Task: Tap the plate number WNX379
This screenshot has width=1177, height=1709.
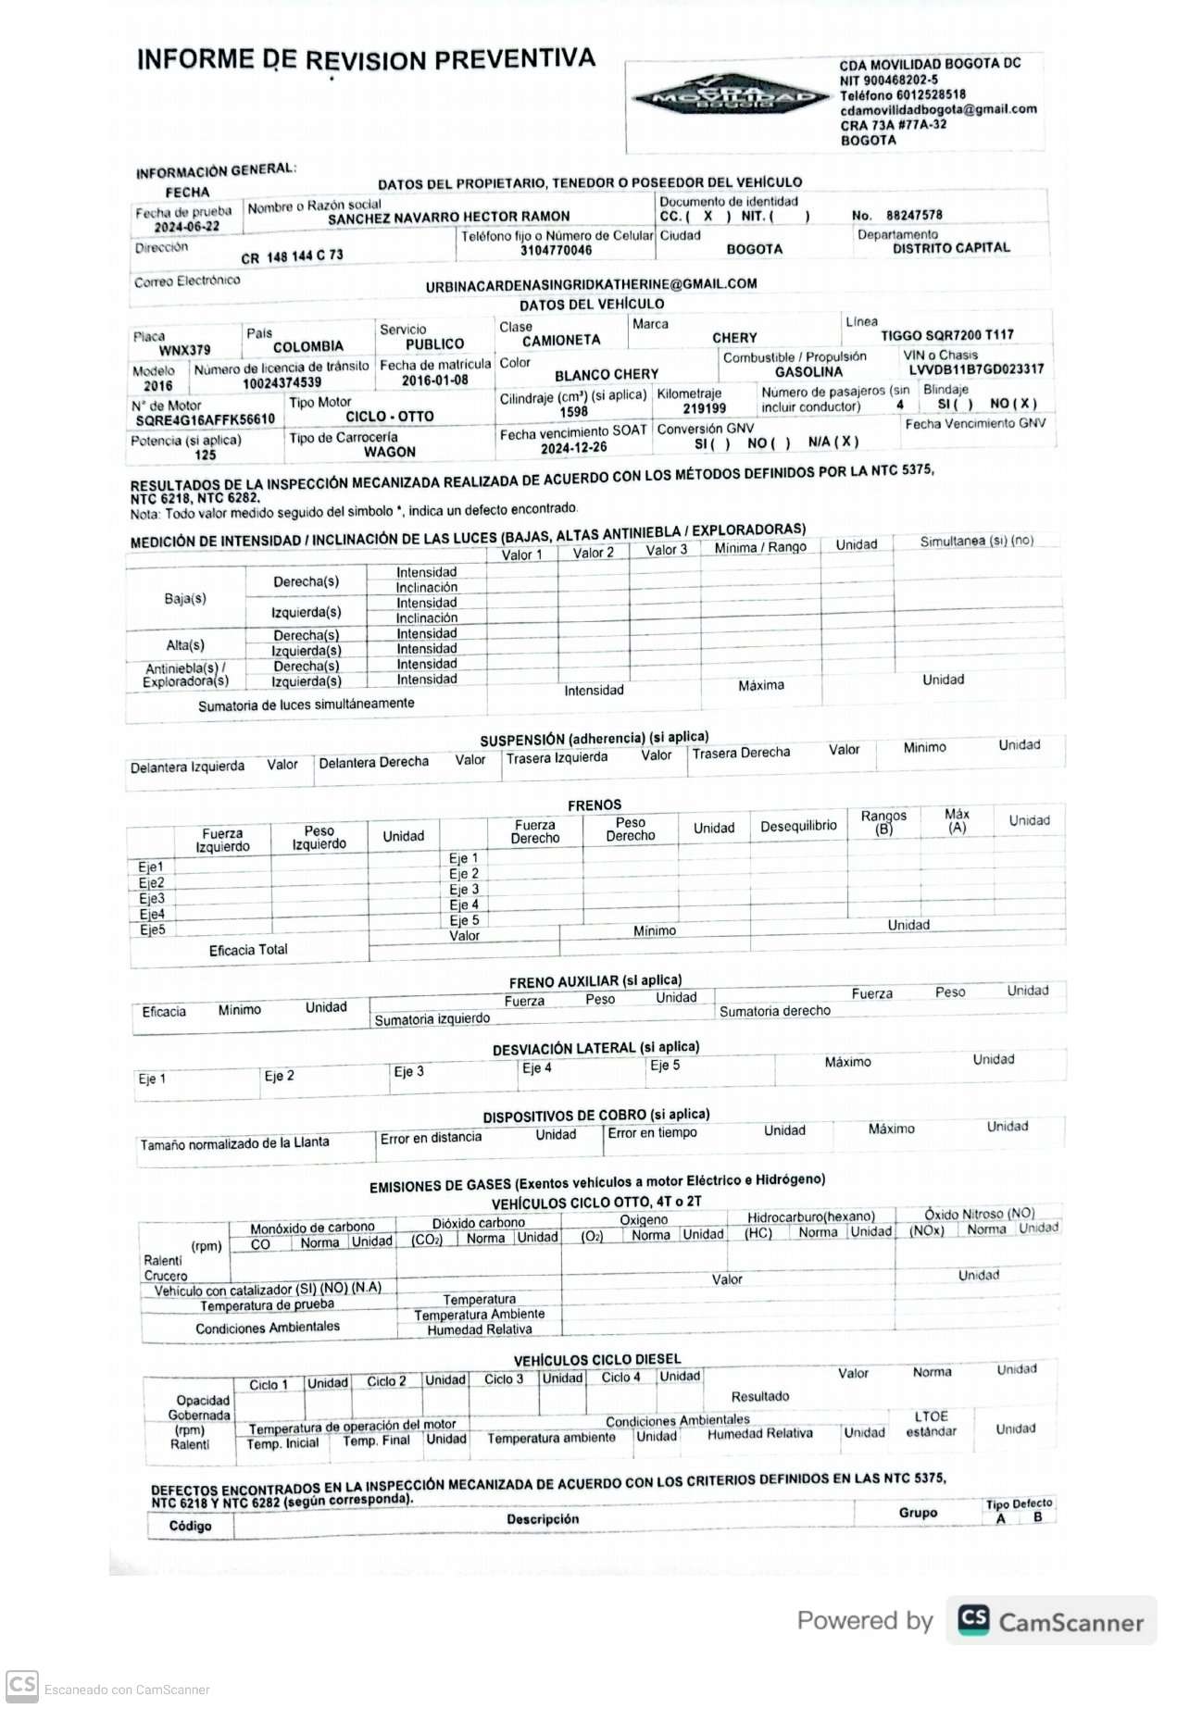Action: click(184, 350)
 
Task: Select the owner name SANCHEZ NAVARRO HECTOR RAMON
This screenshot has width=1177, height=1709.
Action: click(448, 218)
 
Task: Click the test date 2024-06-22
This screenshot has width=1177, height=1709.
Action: click(187, 227)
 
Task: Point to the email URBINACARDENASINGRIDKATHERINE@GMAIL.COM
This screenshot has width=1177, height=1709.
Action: click(591, 285)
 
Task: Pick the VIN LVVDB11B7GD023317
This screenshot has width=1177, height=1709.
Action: click(976, 369)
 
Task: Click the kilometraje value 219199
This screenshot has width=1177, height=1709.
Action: click(704, 408)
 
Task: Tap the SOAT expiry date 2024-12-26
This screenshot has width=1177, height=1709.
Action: click(573, 448)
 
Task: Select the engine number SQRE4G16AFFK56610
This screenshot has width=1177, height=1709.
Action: click(205, 419)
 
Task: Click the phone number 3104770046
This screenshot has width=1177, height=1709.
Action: click(556, 250)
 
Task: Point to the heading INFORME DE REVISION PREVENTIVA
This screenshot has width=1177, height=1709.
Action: click(366, 60)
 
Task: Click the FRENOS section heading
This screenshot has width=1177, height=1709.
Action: click(595, 805)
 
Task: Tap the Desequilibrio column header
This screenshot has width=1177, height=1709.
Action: click(798, 826)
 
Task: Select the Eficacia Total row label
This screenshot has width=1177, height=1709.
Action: click(248, 950)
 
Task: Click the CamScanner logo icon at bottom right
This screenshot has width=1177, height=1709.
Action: click(973, 1619)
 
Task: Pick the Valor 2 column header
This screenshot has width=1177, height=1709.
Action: click(593, 553)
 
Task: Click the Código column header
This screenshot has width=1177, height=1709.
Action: click(190, 1526)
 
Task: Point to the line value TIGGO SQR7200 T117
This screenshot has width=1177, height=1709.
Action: click(946, 335)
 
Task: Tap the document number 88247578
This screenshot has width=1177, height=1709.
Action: click(914, 215)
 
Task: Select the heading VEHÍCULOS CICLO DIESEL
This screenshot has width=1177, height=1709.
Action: click(597, 1359)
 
